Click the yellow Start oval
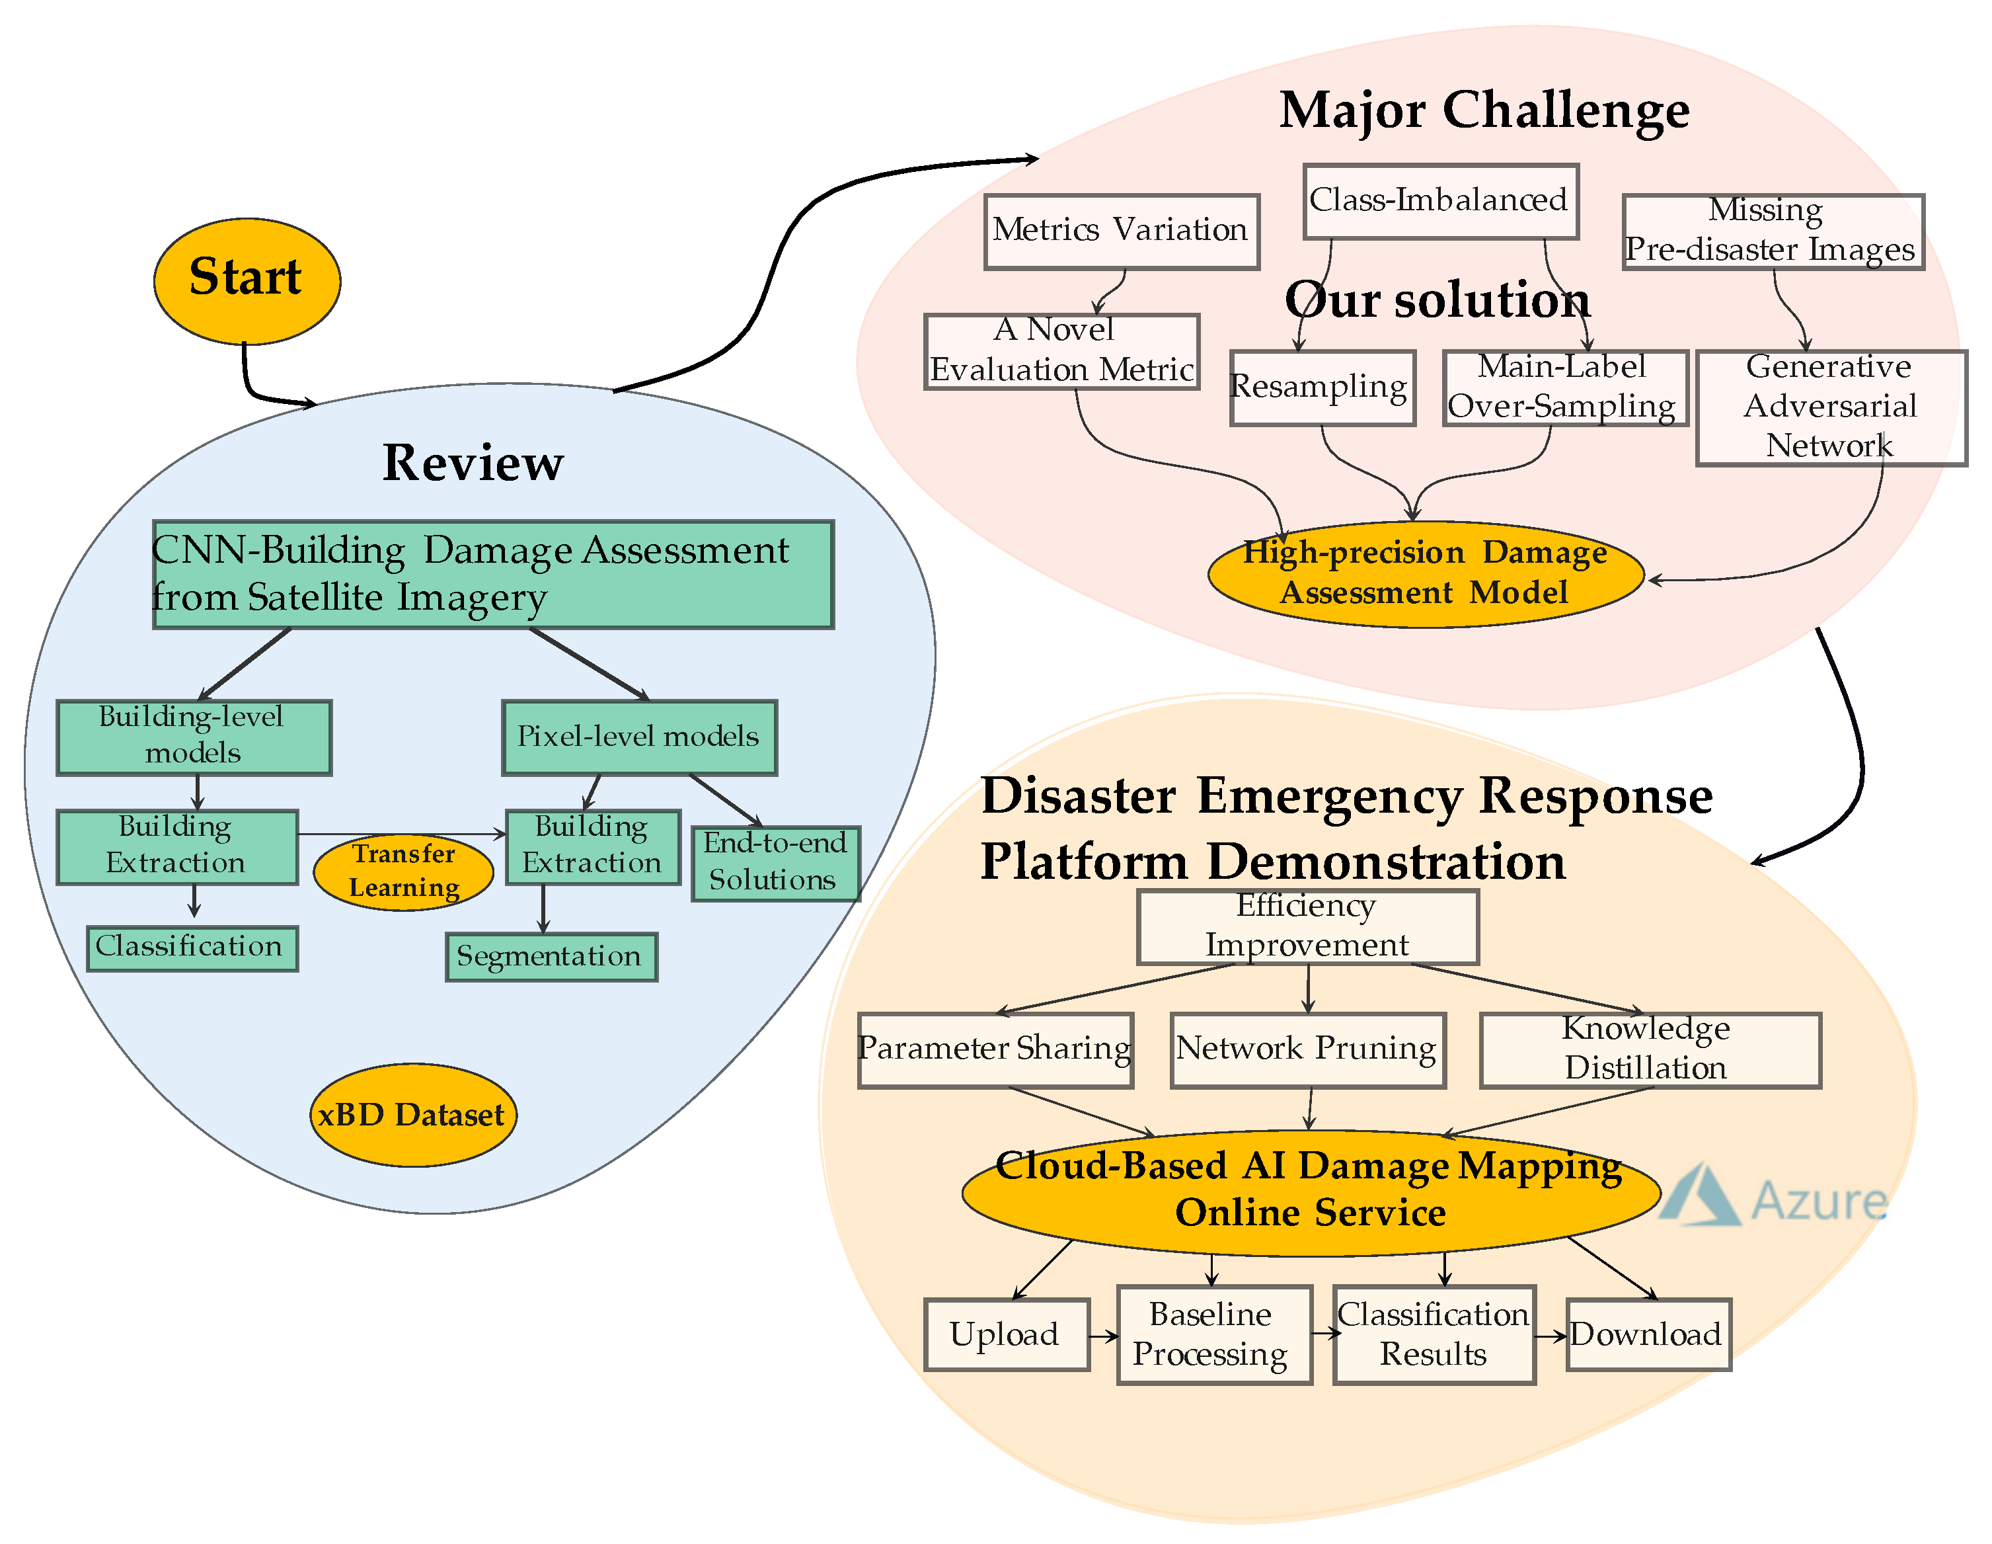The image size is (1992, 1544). click(x=247, y=281)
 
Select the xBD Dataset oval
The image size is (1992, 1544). click(x=413, y=1114)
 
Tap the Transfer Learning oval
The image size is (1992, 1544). click(x=403, y=872)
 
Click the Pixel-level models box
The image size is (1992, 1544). click(x=639, y=737)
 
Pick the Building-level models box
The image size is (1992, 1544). click(x=194, y=737)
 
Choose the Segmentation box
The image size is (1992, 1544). click(x=551, y=956)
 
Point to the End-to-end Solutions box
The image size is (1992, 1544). click(x=775, y=864)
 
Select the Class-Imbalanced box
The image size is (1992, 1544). click(x=1441, y=202)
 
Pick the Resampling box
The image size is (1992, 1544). click(x=1322, y=388)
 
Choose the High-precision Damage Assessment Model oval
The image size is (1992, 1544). click(x=1426, y=574)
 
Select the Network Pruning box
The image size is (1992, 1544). click(x=1308, y=1050)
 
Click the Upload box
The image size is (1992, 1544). click(x=1007, y=1335)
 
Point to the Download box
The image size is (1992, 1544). click(x=1649, y=1335)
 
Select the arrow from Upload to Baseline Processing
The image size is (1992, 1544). click(x=1104, y=1336)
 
